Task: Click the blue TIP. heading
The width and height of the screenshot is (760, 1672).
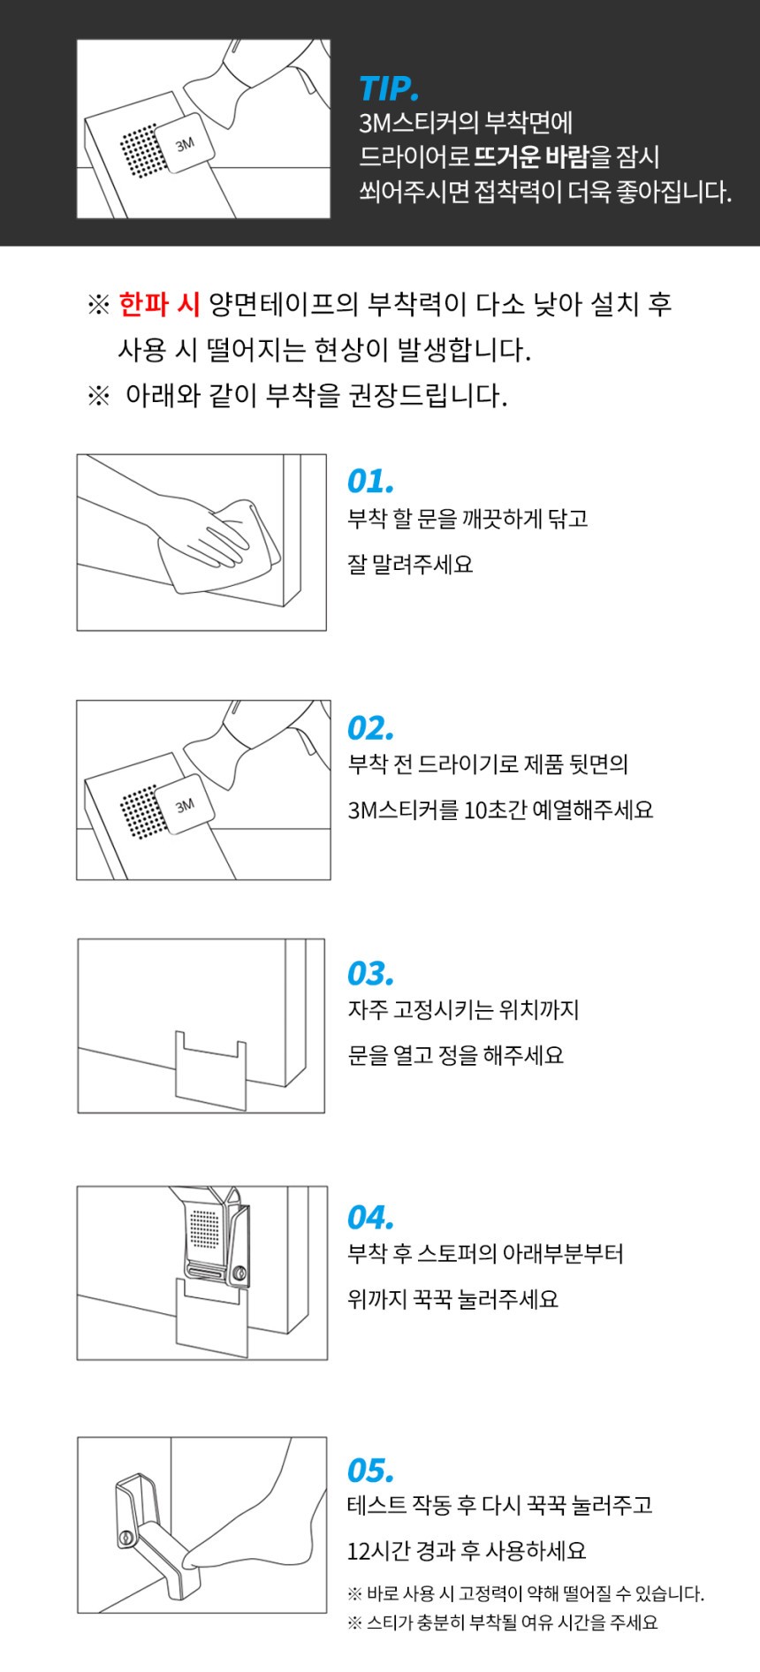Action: click(x=389, y=89)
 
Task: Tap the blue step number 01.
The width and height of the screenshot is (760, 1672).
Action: click(x=370, y=482)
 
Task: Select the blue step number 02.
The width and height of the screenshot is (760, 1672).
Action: click(x=371, y=728)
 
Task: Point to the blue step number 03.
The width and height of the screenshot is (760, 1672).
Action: click(x=371, y=974)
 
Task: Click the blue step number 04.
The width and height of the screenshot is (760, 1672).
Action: click(x=371, y=1218)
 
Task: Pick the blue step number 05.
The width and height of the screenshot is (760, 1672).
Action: click(x=371, y=1471)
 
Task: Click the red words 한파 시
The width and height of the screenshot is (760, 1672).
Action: click(x=160, y=304)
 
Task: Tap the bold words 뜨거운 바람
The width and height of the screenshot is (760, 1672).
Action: click(x=531, y=157)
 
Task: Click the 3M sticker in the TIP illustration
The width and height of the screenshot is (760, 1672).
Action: click(x=184, y=144)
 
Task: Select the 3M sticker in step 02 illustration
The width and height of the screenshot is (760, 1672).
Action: click(x=184, y=805)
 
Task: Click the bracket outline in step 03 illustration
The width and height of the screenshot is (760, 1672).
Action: click(x=210, y=1068)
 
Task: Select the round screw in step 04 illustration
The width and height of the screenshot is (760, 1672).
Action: click(x=239, y=1273)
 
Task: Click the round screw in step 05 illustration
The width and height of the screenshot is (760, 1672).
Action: click(x=126, y=1539)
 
